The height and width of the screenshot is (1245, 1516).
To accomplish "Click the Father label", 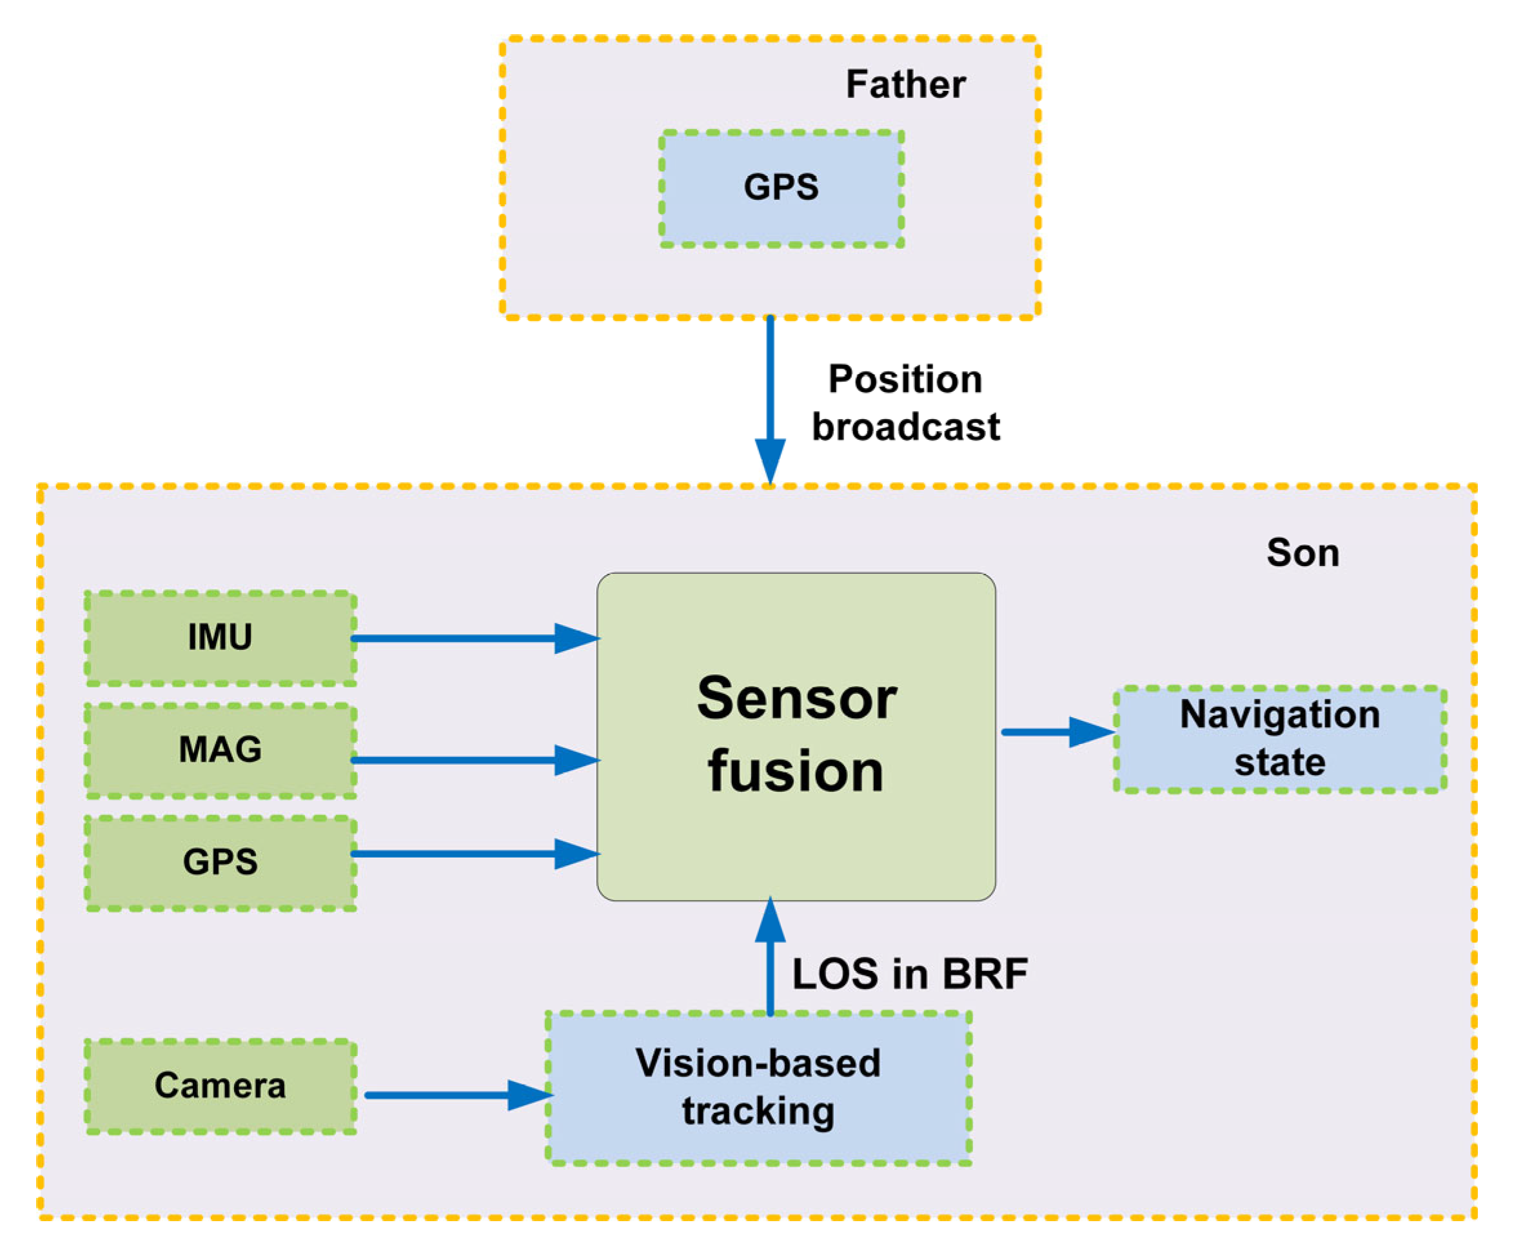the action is pos(906,84).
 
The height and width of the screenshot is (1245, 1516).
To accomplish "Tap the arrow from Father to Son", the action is pos(770,401).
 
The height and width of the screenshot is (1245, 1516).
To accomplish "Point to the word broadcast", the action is pos(906,427).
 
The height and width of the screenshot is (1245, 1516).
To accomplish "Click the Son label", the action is pos(1303,553).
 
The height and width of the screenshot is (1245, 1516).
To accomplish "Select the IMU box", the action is pos(220,638).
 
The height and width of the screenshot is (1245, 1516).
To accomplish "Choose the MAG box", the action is pos(220,750).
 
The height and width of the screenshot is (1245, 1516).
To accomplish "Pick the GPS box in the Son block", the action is pos(220,863).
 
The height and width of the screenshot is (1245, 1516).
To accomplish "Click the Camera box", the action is pos(220,1086).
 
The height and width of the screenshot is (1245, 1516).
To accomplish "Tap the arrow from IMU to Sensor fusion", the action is pos(475,638).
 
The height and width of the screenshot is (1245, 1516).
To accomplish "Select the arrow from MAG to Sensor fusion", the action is pos(475,760).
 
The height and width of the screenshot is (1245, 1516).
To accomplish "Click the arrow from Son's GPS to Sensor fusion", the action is pos(475,854).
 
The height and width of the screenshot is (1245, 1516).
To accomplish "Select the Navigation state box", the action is pos(1280,740).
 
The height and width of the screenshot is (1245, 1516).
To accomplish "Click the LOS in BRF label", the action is pos(910,974).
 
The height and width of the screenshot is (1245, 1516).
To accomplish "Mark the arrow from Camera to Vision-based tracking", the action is pos(459,1095).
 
